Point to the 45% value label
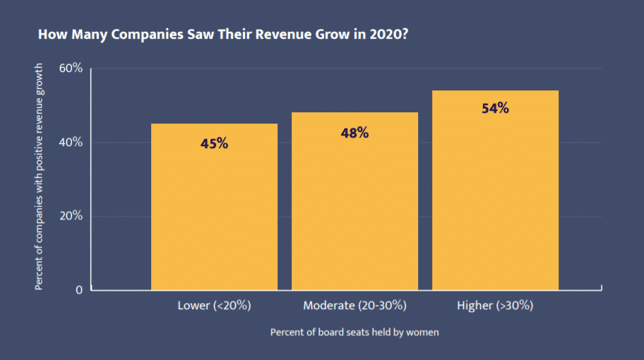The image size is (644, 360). pyautogui.click(x=214, y=143)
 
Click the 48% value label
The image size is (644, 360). pyautogui.click(x=354, y=132)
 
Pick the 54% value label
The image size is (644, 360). pyautogui.click(x=495, y=109)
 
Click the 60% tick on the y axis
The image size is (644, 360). pyautogui.click(x=71, y=68)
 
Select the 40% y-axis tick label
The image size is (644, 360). pyautogui.click(x=71, y=142)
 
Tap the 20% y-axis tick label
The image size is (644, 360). pyautogui.click(x=71, y=216)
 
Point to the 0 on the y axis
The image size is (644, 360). pyautogui.click(x=78, y=289)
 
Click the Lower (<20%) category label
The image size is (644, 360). pyautogui.click(x=214, y=306)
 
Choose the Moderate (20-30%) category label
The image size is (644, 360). pyautogui.click(x=354, y=306)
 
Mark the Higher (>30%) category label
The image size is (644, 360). pyautogui.click(x=495, y=306)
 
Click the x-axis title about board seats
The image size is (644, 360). pyautogui.click(x=354, y=332)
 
